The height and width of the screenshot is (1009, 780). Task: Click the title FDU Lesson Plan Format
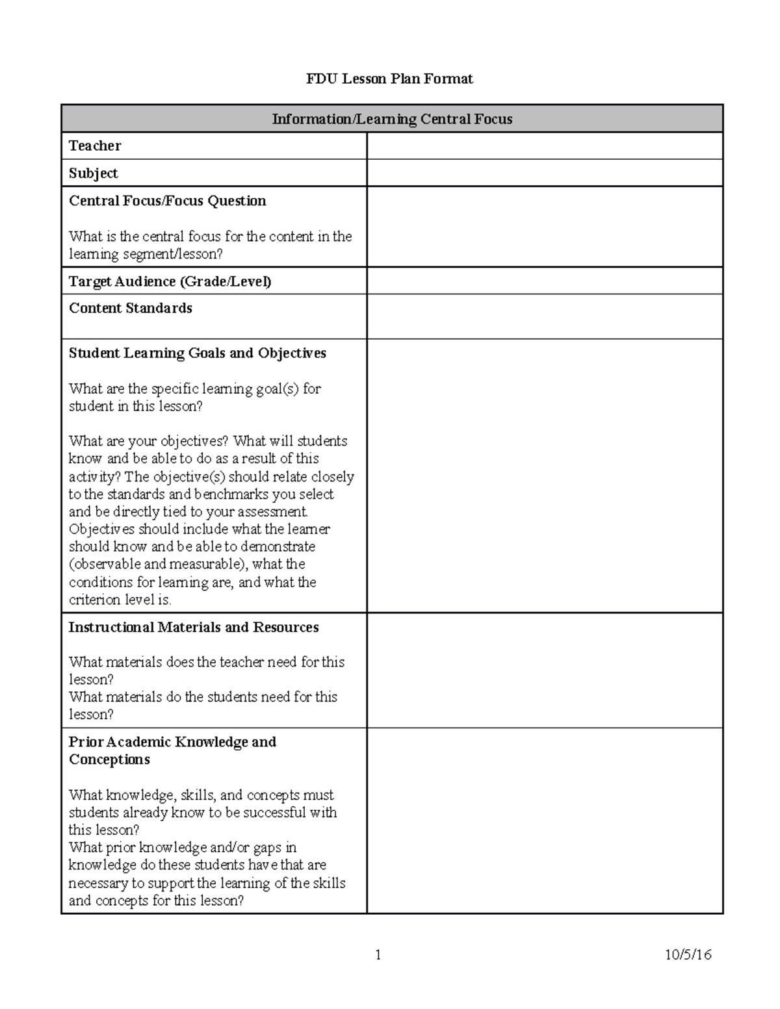point(389,79)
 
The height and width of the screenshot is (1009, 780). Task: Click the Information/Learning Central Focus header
point(392,119)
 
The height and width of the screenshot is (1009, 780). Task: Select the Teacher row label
point(95,146)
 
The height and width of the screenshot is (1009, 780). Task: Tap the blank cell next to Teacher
point(545,146)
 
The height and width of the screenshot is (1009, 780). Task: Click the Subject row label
point(94,173)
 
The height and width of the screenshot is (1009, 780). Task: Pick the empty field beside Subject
point(545,173)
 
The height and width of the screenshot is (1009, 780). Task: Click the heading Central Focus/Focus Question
point(168,201)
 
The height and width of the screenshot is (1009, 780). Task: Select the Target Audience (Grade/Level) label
point(170,281)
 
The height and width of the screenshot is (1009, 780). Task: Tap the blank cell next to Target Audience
point(545,281)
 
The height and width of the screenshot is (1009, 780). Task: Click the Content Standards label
point(131,308)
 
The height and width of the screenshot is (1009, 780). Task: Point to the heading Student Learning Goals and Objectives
point(198,353)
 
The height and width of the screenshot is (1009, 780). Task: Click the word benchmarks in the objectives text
point(217,494)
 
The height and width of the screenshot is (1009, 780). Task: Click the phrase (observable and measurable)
point(155,565)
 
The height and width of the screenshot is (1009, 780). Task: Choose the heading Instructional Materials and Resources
point(194,628)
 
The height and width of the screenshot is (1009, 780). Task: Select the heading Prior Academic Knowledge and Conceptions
point(172,750)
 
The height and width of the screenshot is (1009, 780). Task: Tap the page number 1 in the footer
point(378,954)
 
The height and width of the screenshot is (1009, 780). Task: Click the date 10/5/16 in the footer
point(688,954)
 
